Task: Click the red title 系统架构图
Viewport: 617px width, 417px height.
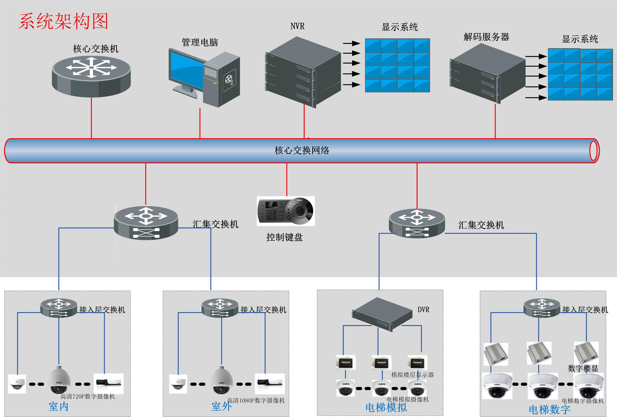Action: coord(63,21)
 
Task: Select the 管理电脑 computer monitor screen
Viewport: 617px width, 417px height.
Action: coord(186,70)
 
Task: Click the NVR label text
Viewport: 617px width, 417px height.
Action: coord(297,26)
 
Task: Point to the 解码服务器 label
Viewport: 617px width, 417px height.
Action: coord(486,37)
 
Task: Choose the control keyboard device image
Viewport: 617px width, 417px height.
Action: coord(286,211)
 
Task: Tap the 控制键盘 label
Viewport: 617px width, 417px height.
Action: coord(284,237)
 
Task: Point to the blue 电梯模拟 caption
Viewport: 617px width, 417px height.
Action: coord(386,407)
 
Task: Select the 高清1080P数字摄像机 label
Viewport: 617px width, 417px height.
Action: coord(256,400)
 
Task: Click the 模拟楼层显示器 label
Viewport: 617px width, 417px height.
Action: coord(412,375)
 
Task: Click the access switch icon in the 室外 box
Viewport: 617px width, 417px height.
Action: coord(220,308)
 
